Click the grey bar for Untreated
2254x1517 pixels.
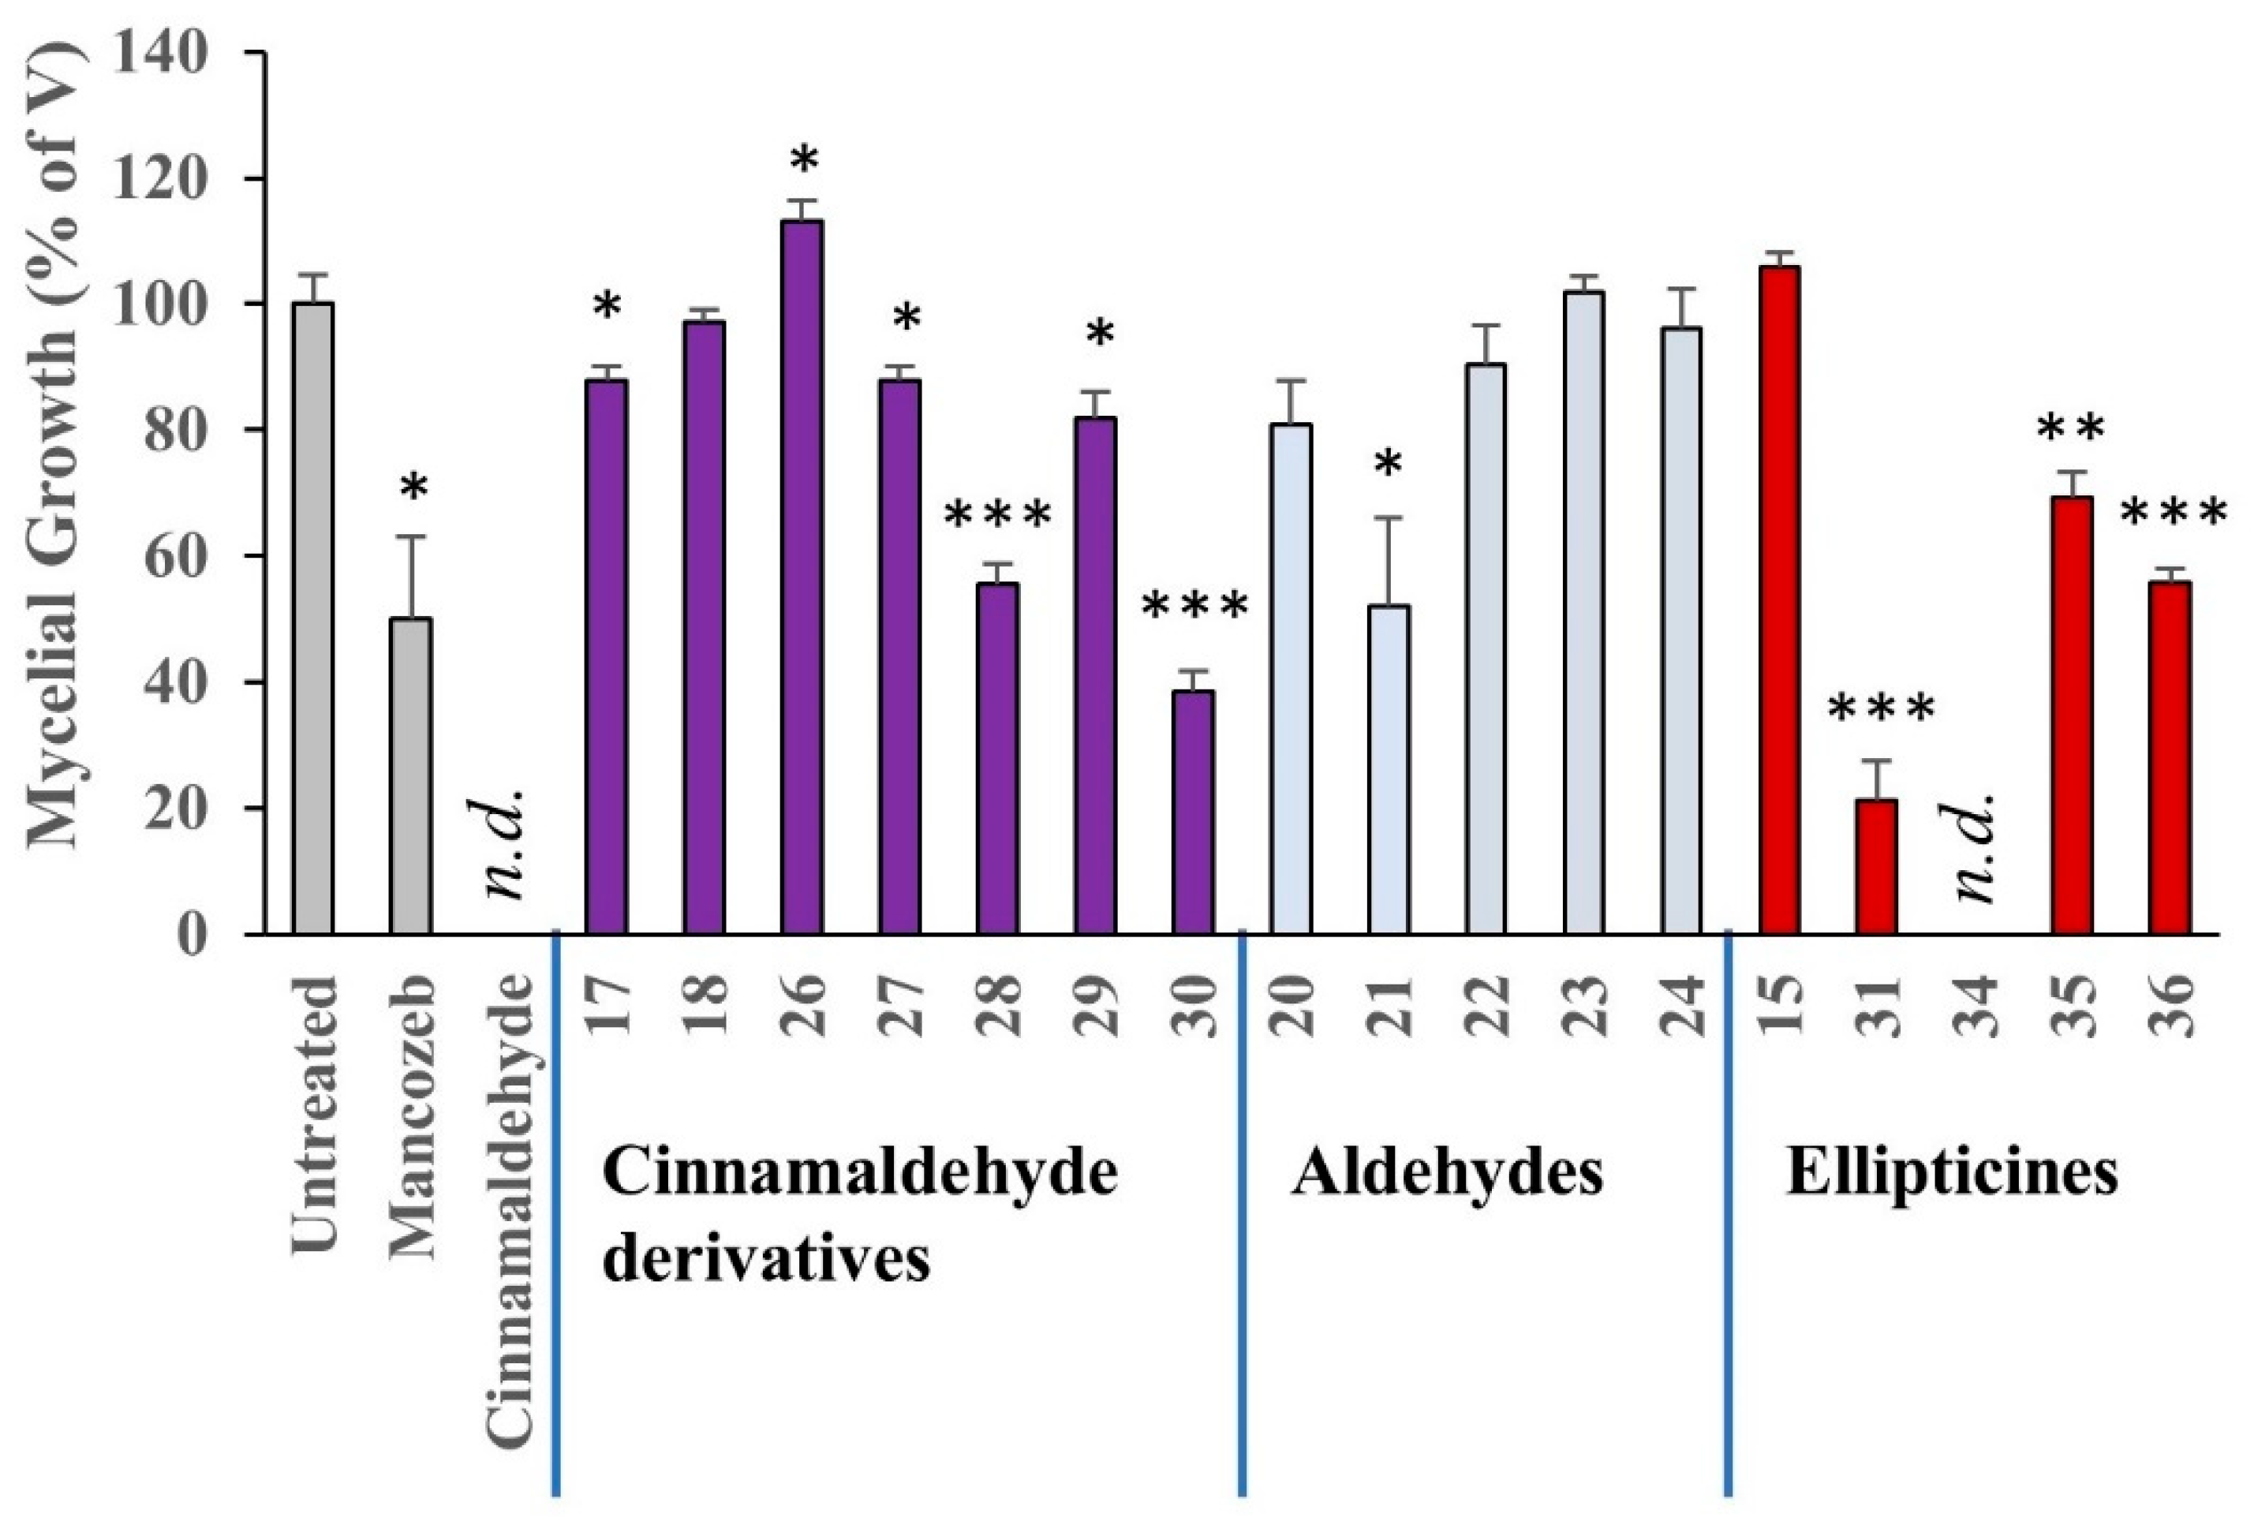point(312,619)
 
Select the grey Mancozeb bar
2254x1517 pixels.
point(410,776)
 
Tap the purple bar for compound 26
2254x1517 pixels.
point(802,577)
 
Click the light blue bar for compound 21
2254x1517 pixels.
point(1389,770)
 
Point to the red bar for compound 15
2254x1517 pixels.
point(1779,600)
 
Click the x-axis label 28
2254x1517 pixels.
point(998,1006)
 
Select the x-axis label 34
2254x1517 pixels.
point(1975,1006)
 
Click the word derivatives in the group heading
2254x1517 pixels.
point(766,1260)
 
